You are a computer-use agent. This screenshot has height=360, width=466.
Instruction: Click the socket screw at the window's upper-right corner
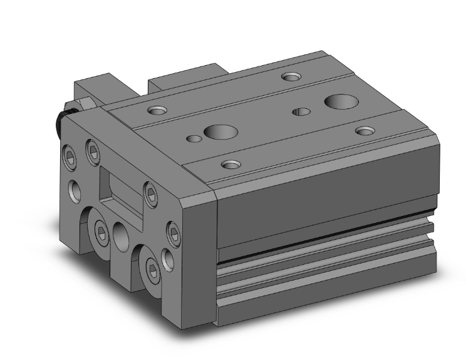click(150, 195)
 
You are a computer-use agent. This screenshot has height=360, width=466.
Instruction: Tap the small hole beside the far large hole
click(302, 112)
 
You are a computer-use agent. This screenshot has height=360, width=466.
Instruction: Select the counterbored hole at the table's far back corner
click(291, 78)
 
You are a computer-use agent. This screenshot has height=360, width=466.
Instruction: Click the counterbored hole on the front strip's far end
click(365, 130)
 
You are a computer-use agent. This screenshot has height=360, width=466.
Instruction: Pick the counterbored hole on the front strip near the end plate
click(232, 165)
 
